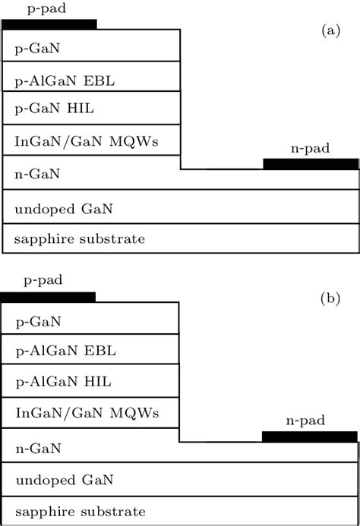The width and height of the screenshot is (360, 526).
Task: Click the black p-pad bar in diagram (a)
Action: (49, 24)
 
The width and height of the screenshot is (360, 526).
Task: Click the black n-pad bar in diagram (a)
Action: (311, 164)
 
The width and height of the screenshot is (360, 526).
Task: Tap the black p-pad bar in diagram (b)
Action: (48, 297)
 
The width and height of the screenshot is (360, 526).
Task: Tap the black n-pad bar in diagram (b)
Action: (309, 436)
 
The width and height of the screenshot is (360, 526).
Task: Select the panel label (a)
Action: (330, 30)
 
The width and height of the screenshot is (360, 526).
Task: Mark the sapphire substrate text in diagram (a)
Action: (79, 239)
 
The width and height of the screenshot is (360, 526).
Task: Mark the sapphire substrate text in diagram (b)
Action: (79, 511)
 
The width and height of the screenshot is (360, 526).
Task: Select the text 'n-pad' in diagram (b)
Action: (308, 420)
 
